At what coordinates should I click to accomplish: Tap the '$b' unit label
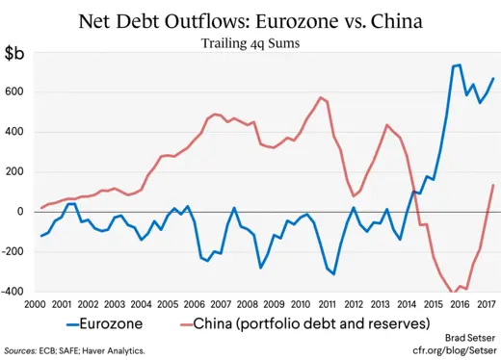click(x=15, y=54)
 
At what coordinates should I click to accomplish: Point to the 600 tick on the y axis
click(x=17, y=91)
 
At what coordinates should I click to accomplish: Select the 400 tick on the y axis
click(x=17, y=131)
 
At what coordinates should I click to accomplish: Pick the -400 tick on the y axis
click(x=15, y=291)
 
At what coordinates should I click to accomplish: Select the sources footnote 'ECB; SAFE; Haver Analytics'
click(x=75, y=351)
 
